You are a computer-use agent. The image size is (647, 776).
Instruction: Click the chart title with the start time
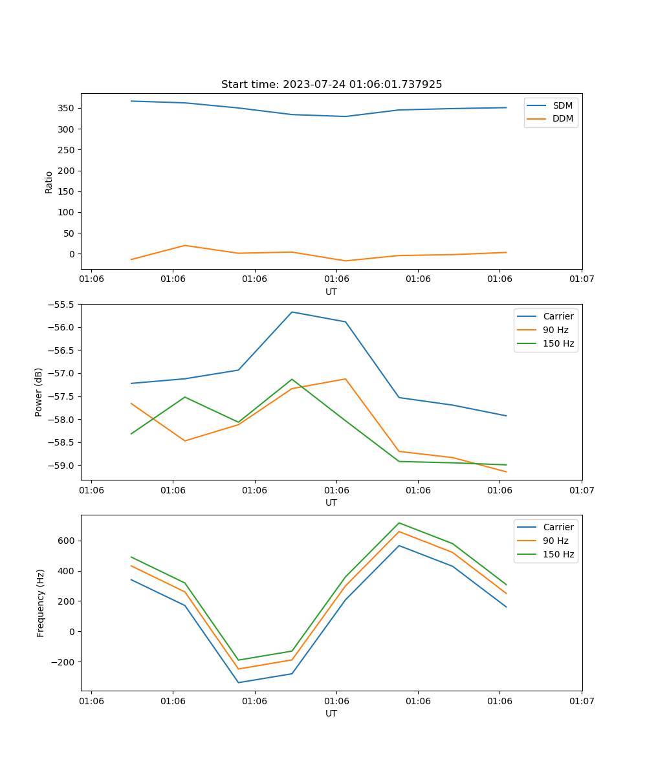click(x=331, y=85)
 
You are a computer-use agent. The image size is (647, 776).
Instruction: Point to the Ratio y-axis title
click(x=49, y=182)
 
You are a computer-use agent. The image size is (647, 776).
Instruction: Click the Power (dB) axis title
click(x=39, y=392)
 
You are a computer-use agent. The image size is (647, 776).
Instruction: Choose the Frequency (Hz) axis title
click(x=40, y=603)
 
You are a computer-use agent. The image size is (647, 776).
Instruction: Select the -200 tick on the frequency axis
click(x=65, y=662)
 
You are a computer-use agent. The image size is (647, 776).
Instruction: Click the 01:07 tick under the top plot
click(x=582, y=279)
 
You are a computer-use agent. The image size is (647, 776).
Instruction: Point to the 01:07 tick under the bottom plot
click(x=582, y=700)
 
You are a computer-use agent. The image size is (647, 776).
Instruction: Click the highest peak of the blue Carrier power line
click(x=292, y=312)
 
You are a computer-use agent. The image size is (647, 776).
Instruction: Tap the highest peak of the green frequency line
click(x=399, y=523)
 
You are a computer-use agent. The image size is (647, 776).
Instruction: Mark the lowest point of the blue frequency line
click(x=238, y=682)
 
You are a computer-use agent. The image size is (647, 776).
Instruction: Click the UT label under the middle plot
click(x=331, y=502)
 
